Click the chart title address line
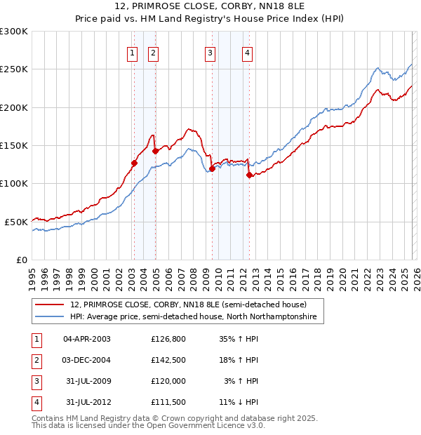(210, 7)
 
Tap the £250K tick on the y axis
(14, 69)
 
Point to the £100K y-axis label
(14, 183)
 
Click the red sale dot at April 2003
(134, 163)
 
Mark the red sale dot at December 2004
(155, 151)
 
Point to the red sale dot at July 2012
(249, 175)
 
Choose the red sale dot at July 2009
(212, 168)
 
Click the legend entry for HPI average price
(193, 317)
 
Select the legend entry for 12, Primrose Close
(188, 304)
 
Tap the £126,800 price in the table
(168, 339)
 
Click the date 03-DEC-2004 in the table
(86, 360)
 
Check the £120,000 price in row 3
(168, 381)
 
